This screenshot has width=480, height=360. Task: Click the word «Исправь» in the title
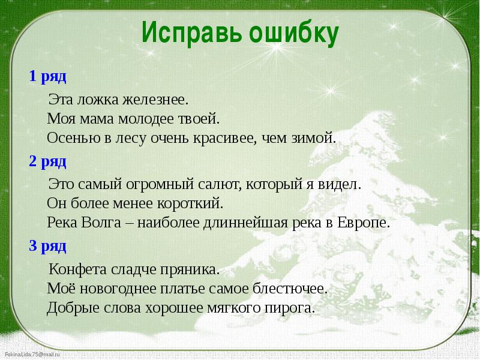tap(191, 33)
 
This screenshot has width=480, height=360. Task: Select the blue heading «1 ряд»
tap(47, 76)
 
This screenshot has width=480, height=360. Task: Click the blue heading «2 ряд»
tap(47, 161)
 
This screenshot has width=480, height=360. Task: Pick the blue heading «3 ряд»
tap(47, 246)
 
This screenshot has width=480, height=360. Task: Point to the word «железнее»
tap(155, 100)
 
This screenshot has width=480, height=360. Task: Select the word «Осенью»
tap(74, 138)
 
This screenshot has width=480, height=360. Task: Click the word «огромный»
tap(160, 185)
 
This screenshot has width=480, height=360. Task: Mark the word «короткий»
tap(190, 203)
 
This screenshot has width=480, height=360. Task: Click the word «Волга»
tap(101, 223)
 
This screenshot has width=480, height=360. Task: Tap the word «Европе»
tap(364, 223)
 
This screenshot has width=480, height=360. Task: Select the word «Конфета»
tap(78, 269)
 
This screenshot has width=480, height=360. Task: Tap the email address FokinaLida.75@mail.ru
tap(32, 355)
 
